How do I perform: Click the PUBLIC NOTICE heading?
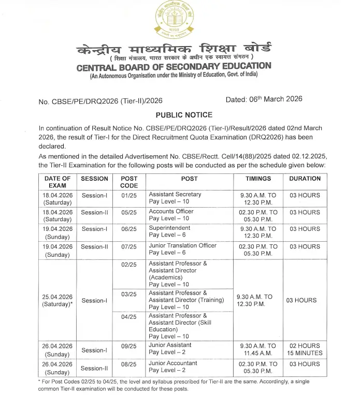click(x=184, y=114)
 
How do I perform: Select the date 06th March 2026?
click(x=264, y=99)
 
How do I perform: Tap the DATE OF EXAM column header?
click(x=57, y=182)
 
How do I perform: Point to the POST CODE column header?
click(x=129, y=182)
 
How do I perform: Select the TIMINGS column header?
click(x=258, y=179)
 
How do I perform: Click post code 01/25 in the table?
click(x=129, y=196)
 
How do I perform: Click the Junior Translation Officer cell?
click(x=182, y=249)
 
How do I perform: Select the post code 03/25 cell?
click(x=129, y=294)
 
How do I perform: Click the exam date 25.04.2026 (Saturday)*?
click(x=57, y=300)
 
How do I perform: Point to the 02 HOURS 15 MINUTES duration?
click(x=305, y=349)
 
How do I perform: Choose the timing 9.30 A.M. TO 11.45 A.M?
click(x=258, y=349)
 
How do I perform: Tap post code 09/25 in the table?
click(x=129, y=346)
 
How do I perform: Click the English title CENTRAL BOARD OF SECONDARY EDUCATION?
click(x=174, y=67)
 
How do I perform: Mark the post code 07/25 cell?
click(x=129, y=246)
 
